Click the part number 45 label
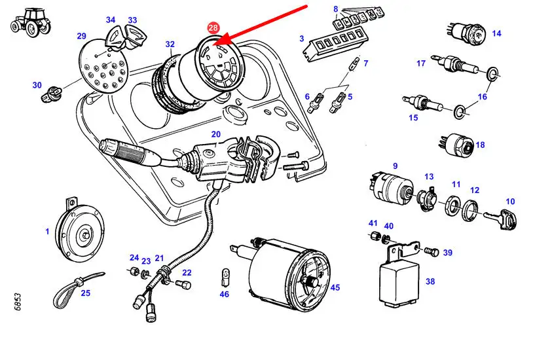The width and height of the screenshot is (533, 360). pos(335,287)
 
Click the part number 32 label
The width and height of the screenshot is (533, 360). pos(170,45)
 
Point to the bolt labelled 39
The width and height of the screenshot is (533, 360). pos(431,251)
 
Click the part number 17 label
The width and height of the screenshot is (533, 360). pos(421,63)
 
